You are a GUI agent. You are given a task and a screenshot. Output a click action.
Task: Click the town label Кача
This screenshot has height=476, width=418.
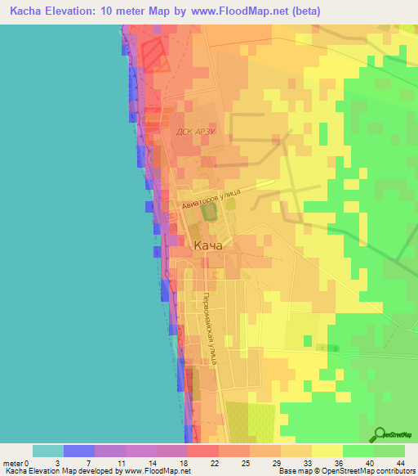point(208,245)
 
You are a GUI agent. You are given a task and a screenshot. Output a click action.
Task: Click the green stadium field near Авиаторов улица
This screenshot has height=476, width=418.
point(209,213)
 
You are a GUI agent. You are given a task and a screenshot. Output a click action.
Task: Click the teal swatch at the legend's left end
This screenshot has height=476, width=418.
point(47,451)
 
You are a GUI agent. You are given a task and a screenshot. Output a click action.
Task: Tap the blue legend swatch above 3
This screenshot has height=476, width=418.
point(78,451)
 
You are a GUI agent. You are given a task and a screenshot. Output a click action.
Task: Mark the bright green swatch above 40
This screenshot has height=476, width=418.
point(358,451)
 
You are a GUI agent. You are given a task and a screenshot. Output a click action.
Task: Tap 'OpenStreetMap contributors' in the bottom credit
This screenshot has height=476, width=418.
point(368,471)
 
